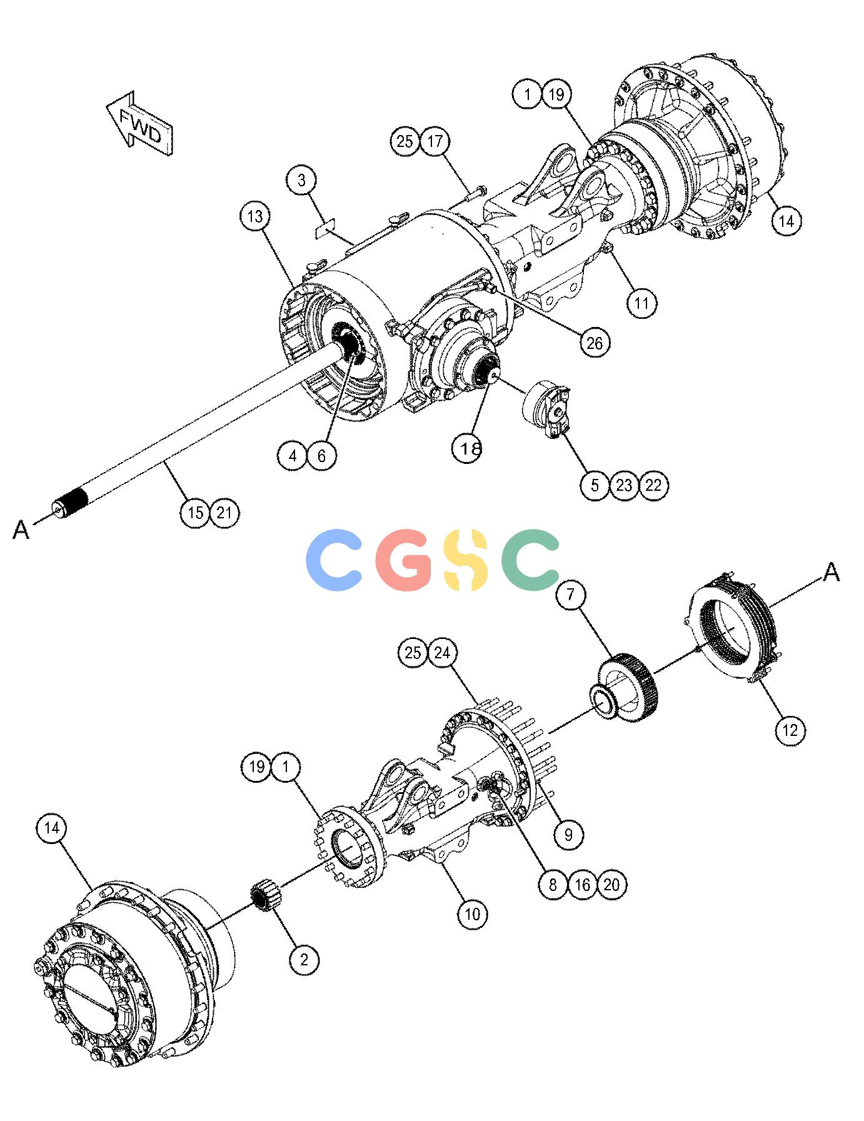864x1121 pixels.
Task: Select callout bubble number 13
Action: click(255, 217)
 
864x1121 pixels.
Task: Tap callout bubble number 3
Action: click(303, 181)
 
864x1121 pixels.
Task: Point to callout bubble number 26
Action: click(594, 342)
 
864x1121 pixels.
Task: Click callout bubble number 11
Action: click(642, 304)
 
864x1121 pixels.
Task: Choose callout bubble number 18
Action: click(468, 447)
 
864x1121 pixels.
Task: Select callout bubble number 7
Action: click(570, 596)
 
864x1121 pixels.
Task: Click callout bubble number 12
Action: click(790, 730)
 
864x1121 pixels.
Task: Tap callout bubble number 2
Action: click(304, 959)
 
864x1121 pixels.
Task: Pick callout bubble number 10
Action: click(472, 914)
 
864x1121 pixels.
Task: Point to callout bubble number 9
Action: click(568, 834)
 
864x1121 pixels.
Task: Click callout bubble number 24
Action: click(442, 653)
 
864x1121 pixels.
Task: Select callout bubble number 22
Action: click(653, 485)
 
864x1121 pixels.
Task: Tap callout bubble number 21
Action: click(224, 513)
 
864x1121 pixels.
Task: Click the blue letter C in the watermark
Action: click(336, 560)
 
